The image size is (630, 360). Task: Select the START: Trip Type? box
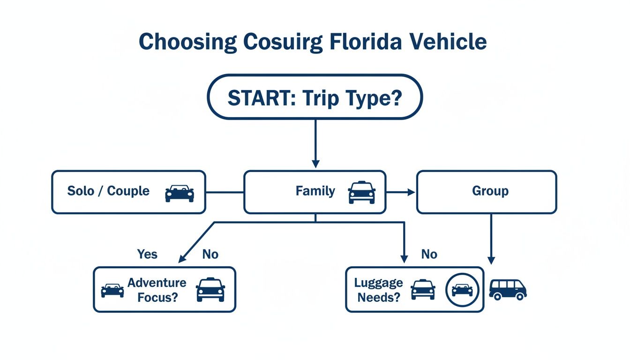click(x=315, y=97)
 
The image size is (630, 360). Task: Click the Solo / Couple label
click(x=108, y=191)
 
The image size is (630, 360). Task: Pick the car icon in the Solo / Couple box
click(x=180, y=193)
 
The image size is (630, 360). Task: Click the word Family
click(x=315, y=191)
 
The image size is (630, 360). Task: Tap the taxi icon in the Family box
click(x=361, y=193)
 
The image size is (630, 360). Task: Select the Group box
click(x=487, y=191)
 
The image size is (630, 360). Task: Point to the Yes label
click(x=147, y=254)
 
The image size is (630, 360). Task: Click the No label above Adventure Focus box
click(x=210, y=254)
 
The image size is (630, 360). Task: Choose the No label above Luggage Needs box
click(x=429, y=254)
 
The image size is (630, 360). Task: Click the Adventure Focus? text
click(x=157, y=290)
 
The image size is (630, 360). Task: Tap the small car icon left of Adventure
click(x=112, y=290)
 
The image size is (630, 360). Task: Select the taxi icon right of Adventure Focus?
click(x=210, y=289)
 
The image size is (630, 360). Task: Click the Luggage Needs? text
click(x=378, y=290)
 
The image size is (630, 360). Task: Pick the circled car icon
click(x=462, y=290)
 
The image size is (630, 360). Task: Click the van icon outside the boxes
click(x=508, y=289)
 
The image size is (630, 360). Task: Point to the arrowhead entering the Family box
click(x=315, y=164)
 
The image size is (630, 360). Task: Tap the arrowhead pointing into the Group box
click(x=411, y=192)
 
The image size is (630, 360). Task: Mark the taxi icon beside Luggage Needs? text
click(x=423, y=289)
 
